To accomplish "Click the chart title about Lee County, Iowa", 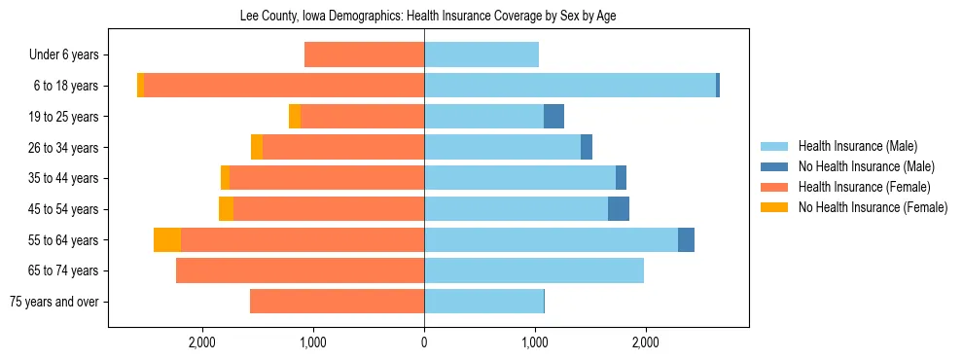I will click(428, 17).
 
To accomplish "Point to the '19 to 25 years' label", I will click(63, 117).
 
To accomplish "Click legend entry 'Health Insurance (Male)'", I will click(857, 146).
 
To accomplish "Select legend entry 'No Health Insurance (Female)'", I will click(873, 207).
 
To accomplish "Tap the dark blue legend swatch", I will click(775, 166).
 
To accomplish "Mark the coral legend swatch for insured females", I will click(775, 187).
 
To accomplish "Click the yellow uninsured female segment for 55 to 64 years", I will click(167, 240).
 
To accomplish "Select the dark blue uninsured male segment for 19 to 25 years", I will click(553, 117).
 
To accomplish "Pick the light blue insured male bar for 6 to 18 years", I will click(570, 86).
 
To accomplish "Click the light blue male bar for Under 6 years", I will click(481, 55).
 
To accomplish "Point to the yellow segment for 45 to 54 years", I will click(226, 209).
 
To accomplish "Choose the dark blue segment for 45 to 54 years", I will click(619, 209).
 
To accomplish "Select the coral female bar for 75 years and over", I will click(337, 302).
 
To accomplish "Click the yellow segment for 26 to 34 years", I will click(257, 148).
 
